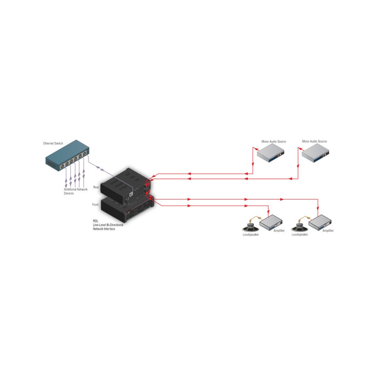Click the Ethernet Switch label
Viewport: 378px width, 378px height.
pyautogui.click(x=53, y=144)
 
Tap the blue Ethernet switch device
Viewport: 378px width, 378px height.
pyautogui.click(x=67, y=155)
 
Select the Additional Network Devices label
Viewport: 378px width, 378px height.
pyautogui.click(x=75, y=192)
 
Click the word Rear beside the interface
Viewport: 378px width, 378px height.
pyautogui.click(x=96, y=187)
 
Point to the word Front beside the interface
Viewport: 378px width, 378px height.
pyautogui.click(x=95, y=205)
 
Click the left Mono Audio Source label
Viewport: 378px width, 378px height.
pyautogui.click(x=274, y=141)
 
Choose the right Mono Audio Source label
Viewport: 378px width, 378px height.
pyautogui.click(x=315, y=141)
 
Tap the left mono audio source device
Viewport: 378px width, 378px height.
pyautogui.click(x=271, y=153)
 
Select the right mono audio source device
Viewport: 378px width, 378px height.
pyautogui.click(x=315, y=153)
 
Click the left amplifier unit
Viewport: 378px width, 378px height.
pyautogui.click(x=271, y=222)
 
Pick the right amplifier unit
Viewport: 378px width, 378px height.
pyautogui.click(x=320, y=222)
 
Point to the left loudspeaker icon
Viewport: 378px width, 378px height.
pyautogui.click(x=251, y=227)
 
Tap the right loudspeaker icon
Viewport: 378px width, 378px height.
pyautogui.click(x=300, y=227)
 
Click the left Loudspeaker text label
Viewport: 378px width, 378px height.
pyautogui.click(x=251, y=234)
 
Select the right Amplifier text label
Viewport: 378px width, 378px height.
pyautogui.click(x=328, y=231)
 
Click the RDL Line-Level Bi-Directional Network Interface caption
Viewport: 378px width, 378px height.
pyautogui.click(x=108, y=225)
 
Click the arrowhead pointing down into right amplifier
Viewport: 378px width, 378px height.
pyautogui.click(x=318, y=208)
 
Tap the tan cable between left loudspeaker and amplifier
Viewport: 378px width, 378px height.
pyautogui.click(x=255, y=218)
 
